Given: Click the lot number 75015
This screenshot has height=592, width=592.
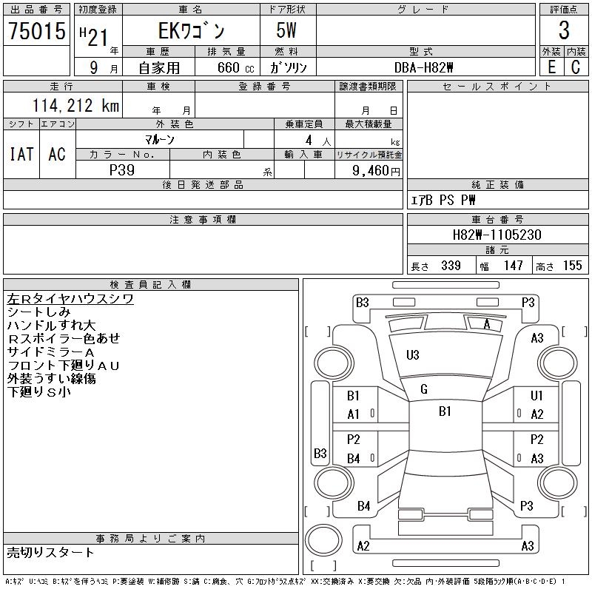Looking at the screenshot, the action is coord(37,31).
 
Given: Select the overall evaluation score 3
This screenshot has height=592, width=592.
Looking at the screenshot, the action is coord(564,31).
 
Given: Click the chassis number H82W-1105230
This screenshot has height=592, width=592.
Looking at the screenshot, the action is coord(497,235).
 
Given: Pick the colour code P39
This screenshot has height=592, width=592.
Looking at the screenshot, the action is coord(122,169).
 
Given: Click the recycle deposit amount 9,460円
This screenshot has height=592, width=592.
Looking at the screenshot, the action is coord(374,170).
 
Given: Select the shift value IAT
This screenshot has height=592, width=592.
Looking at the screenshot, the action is coord(21,154).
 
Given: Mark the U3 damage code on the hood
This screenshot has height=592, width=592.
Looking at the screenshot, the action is coord(413,355).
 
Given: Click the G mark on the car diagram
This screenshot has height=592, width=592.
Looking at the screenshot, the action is coord(424,389).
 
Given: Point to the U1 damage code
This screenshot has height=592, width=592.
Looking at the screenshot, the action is coord(536,396).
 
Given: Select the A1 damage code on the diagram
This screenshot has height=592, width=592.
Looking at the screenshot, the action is coord(353,414).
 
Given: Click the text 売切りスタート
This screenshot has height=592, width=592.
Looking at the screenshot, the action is coord(51,552).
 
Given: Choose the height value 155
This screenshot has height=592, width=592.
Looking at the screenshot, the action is coord(572,266).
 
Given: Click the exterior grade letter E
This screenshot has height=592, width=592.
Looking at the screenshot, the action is coord(551,67).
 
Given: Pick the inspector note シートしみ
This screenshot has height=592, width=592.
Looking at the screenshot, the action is coord(38,312).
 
